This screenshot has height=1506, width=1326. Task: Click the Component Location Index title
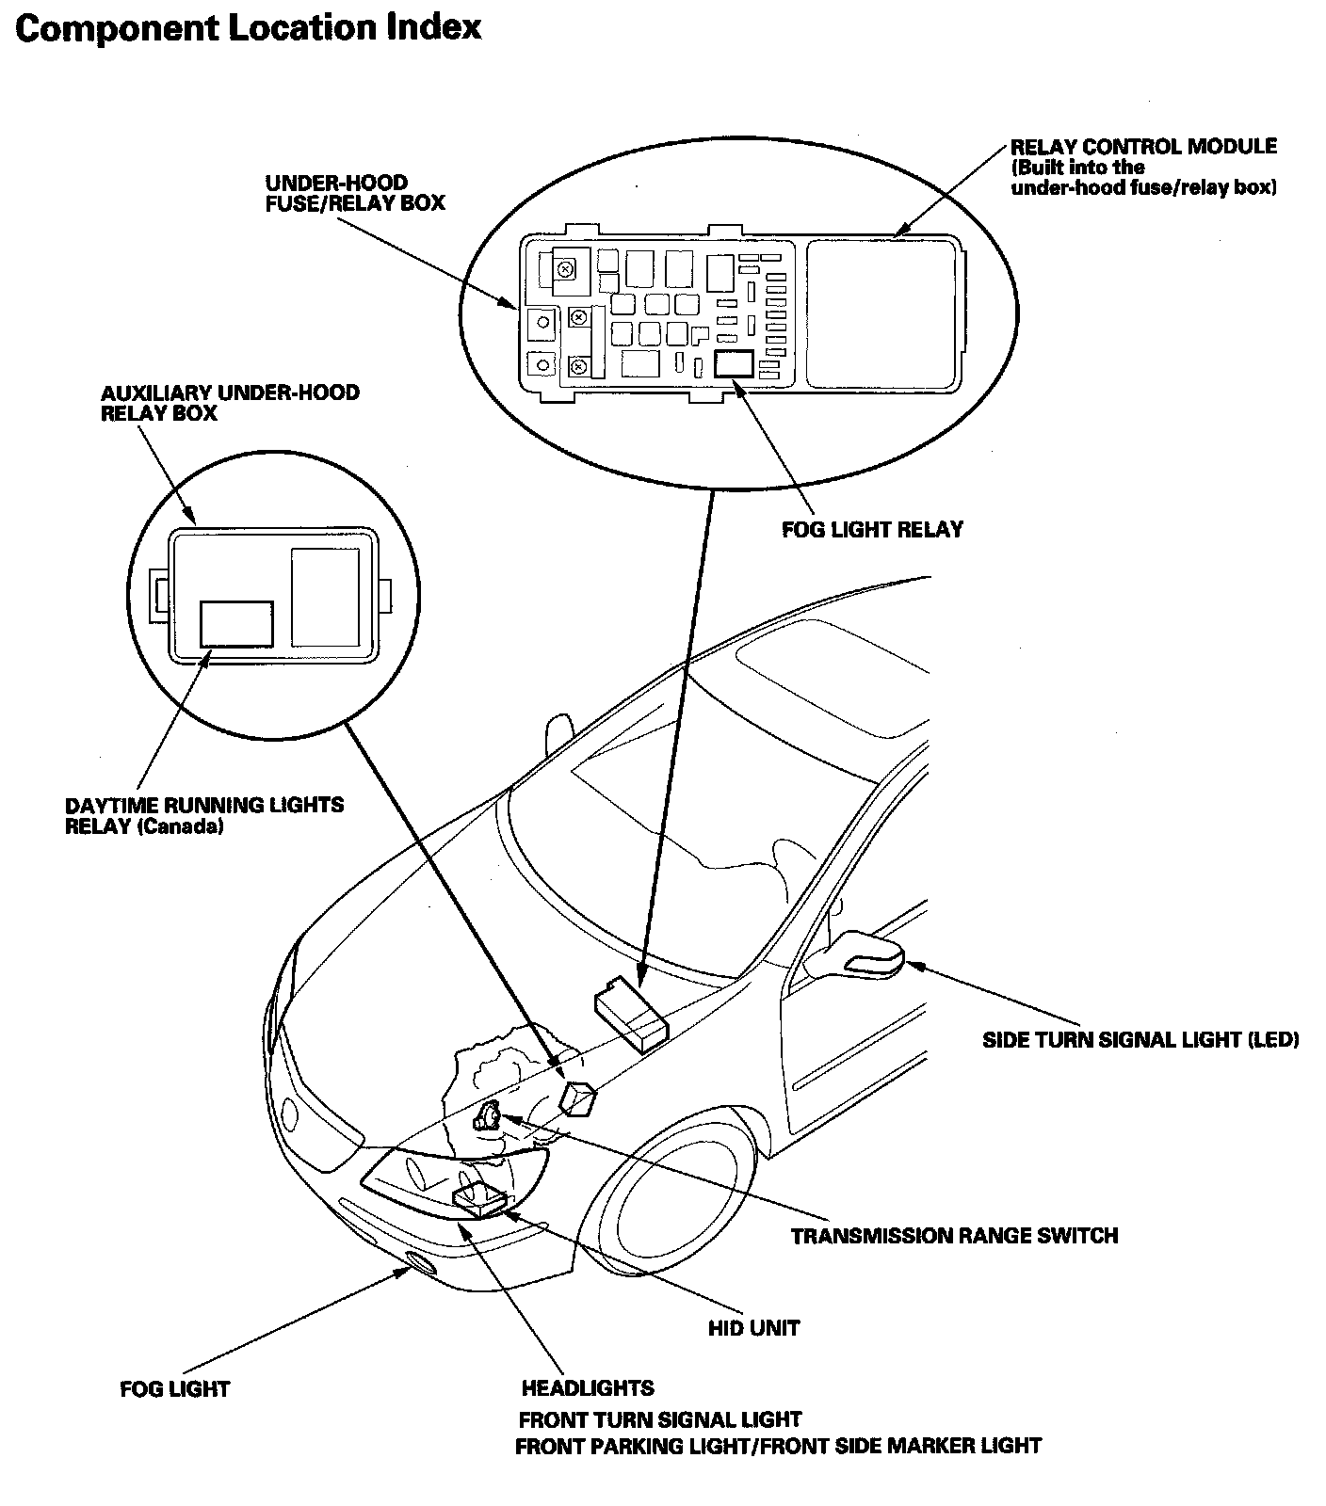point(249,29)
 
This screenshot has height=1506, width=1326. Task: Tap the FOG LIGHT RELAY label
point(873,530)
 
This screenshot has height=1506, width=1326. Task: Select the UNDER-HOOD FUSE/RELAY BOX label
point(355,193)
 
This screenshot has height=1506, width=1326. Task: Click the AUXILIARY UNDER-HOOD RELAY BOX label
point(230,403)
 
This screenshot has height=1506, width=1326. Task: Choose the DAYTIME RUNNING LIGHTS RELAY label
point(204,816)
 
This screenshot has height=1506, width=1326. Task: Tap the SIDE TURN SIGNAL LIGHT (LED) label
point(1140,1040)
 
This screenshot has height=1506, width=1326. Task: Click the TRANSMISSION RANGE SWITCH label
point(954,1236)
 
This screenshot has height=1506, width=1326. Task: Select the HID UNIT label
point(753,1328)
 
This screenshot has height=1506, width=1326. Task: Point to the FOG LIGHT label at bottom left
point(175,1388)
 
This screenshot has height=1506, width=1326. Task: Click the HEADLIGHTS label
point(588,1387)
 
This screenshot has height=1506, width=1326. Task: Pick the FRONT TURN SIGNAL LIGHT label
point(660,1418)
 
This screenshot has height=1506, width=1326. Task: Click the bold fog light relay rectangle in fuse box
point(734,364)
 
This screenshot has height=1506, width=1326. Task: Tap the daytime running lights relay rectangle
point(236,624)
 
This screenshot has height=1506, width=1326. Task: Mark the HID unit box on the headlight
point(479,1199)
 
